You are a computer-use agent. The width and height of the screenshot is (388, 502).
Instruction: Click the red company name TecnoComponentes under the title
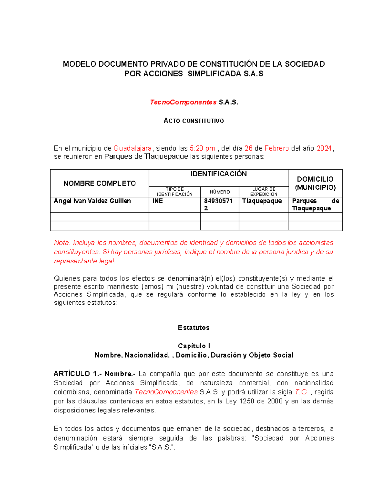point(183,102)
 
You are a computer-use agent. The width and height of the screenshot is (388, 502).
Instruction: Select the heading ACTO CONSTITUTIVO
point(194,121)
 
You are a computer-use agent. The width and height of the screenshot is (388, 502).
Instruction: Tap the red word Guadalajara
point(133,148)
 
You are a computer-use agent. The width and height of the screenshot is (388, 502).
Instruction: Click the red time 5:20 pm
point(202,148)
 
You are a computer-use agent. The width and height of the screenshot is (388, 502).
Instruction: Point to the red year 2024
point(324,148)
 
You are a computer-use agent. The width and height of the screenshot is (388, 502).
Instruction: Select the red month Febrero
point(277,148)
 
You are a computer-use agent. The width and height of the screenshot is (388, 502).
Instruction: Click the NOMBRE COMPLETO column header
point(100,183)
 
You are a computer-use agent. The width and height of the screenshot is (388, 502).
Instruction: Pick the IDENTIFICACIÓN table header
point(219,174)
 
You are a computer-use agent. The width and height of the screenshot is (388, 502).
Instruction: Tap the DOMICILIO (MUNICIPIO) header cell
point(315,183)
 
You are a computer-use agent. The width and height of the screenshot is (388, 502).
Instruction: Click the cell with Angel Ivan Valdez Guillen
point(92,201)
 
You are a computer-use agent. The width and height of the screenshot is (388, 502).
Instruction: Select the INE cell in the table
point(158,201)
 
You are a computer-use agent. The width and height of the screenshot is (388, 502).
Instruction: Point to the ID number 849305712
point(218,204)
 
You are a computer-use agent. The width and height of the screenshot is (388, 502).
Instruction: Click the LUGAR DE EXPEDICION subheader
point(264,192)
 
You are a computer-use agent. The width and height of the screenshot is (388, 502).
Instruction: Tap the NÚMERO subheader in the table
point(220,192)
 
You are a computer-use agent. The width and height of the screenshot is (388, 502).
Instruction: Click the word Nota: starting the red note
point(62,243)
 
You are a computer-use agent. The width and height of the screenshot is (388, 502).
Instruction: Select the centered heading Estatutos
point(194,328)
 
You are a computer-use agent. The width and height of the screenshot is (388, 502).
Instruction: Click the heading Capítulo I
point(194,346)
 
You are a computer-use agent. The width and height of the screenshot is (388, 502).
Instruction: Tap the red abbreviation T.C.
point(301,392)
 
